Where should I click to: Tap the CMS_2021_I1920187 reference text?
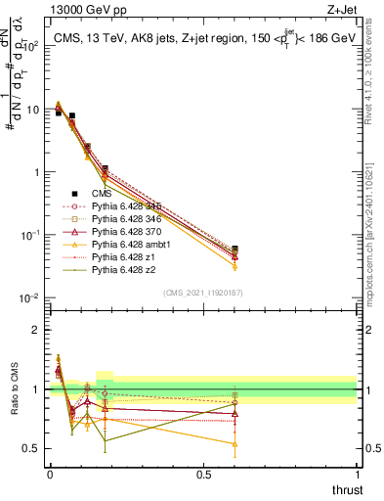pos(203,292)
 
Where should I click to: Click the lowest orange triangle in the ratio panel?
pos(234,444)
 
